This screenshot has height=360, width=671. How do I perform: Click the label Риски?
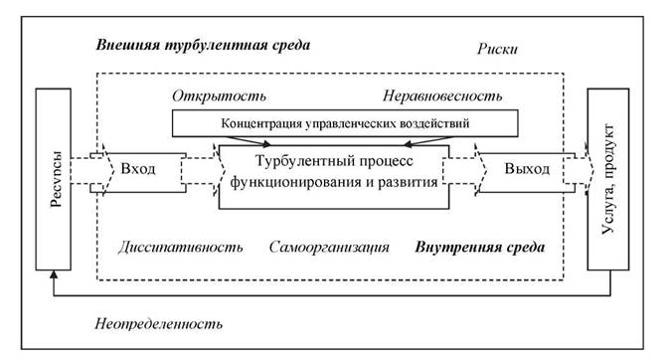tap(497, 49)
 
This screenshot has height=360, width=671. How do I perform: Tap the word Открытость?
tap(219, 95)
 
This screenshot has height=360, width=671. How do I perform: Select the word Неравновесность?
tap(442, 95)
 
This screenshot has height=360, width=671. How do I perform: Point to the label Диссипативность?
tap(181, 247)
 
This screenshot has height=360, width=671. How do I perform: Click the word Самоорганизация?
tap(329, 247)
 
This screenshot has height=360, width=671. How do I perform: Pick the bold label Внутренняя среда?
tap(480, 247)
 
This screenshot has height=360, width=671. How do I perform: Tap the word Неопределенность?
tap(159, 323)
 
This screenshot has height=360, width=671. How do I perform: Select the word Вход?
tap(138, 169)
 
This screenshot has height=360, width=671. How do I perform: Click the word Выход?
tap(527, 169)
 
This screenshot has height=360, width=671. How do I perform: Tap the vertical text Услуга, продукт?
tap(608, 179)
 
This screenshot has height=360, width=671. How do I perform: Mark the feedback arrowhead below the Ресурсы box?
tap(54, 274)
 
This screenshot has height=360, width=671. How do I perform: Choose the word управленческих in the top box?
tap(351, 123)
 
